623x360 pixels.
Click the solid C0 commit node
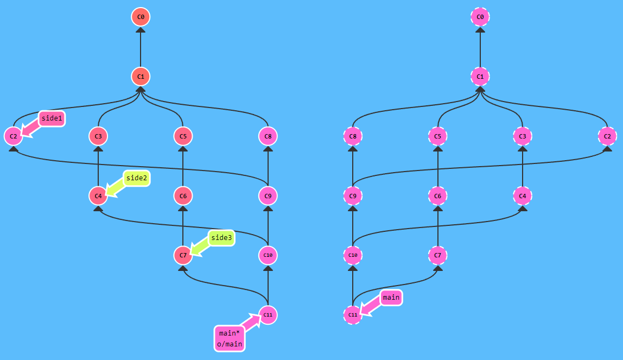click(141, 17)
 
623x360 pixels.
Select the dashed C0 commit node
click(480, 17)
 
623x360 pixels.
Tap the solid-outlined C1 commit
click(141, 77)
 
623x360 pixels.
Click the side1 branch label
click(52, 118)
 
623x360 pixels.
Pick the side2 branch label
click(136, 178)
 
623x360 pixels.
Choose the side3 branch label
click(221, 238)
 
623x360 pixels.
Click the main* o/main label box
click(230, 338)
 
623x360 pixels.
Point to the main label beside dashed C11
click(391, 298)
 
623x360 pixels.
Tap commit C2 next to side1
click(13, 136)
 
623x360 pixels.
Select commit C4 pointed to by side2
click(98, 195)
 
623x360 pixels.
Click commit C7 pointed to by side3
click(183, 255)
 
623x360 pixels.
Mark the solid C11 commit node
click(268, 314)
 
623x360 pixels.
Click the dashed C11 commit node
click(353, 314)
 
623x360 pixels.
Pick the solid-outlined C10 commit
click(268, 255)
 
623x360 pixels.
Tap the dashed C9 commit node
click(353, 195)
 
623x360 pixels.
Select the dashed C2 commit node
click(607, 136)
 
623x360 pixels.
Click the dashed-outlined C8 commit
click(353, 136)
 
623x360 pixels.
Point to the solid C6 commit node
click(183, 195)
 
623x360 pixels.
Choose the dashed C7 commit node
click(437, 255)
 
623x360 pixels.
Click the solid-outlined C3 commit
click(98, 136)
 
